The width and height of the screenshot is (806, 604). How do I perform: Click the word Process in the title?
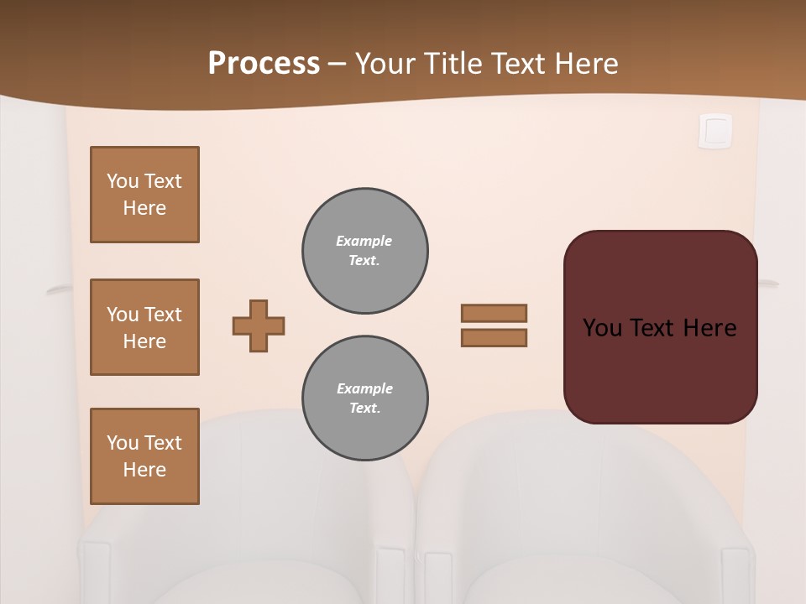point(264,64)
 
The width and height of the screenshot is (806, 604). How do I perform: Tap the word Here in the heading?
point(585,64)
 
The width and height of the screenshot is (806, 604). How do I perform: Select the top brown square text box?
point(144,195)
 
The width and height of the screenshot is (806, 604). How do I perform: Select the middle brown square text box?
point(144,327)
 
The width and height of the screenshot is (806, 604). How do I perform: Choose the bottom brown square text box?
point(144,456)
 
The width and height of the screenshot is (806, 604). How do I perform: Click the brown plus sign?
point(259,325)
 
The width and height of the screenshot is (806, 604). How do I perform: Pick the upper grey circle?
point(365,251)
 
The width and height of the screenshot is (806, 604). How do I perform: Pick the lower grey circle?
point(365,398)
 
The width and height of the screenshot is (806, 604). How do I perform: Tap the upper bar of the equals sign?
point(494,313)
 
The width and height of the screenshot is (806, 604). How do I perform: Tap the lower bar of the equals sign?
point(494,338)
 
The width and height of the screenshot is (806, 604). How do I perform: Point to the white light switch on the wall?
point(715,132)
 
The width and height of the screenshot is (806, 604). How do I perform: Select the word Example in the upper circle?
point(364,242)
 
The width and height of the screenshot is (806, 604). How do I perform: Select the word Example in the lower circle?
point(364,389)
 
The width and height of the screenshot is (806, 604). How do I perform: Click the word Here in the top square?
point(144,208)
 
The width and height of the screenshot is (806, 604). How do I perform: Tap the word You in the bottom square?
point(122,443)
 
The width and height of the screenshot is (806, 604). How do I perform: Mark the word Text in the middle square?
point(163,315)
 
